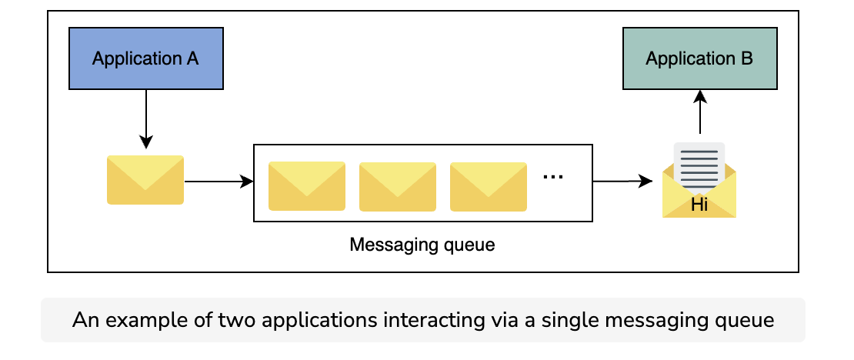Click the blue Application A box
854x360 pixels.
pyautogui.click(x=146, y=58)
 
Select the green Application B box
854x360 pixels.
pyautogui.click(x=700, y=58)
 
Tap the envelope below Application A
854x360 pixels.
pyautogui.click(x=145, y=180)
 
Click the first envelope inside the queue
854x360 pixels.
pyautogui.click(x=307, y=185)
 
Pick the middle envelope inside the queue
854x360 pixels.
pyautogui.click(x=398, y=186)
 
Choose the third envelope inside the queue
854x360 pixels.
pyautogui.click(x=489, y=186)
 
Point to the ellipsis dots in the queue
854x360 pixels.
pyautogui.click(x=553, y=176)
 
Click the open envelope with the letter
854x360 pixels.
pyautogui.click(x=699, y=180)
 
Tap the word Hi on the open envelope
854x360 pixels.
pyautogui.click(x=699, y=205)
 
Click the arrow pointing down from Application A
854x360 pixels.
pyautogui.click(x=146, y=118)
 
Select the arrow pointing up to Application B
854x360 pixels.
pyautogui.click(x=700, y=112)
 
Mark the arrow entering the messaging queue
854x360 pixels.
pyautogui.click(x=219, y=182)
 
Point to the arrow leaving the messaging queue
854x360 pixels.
pyautogui.click(x=622, y=182)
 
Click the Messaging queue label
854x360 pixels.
pyautogui.click(x=422, y=245)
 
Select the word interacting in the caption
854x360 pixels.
pyautogui.click(x=433, y=320)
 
